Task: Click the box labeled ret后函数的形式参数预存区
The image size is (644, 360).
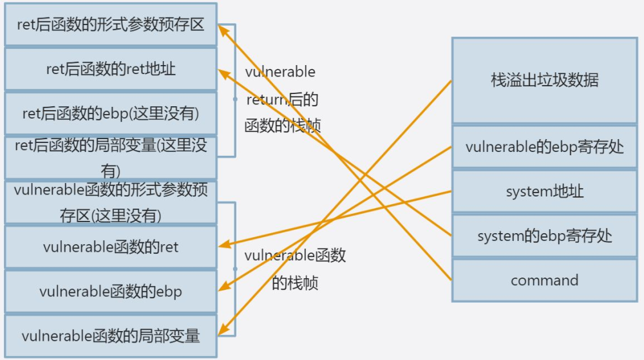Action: (110, 25)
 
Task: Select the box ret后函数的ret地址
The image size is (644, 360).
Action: (110, 69)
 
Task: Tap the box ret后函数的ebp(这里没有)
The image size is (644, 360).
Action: (110, 113)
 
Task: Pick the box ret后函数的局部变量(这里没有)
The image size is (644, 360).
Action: (110, 156)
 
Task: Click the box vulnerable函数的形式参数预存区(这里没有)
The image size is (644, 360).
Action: (110, 202)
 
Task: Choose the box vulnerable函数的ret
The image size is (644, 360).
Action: (110, 247)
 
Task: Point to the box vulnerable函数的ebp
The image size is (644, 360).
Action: (110, 291)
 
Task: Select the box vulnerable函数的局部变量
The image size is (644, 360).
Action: (110, 336)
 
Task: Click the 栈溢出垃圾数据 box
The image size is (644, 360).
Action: (544, 81)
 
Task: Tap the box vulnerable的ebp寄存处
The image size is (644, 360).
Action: (544, 147)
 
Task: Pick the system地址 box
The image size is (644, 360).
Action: (544, 191)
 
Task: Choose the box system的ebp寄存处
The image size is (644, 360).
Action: (544, 236)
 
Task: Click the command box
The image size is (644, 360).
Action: (544, 281)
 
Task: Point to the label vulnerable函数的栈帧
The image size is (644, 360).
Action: (295, 269)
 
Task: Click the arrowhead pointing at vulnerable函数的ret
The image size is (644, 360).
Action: (223, 245)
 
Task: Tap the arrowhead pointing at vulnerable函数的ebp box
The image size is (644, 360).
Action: (223, 289)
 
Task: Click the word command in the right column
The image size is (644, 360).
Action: (544, 281)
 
